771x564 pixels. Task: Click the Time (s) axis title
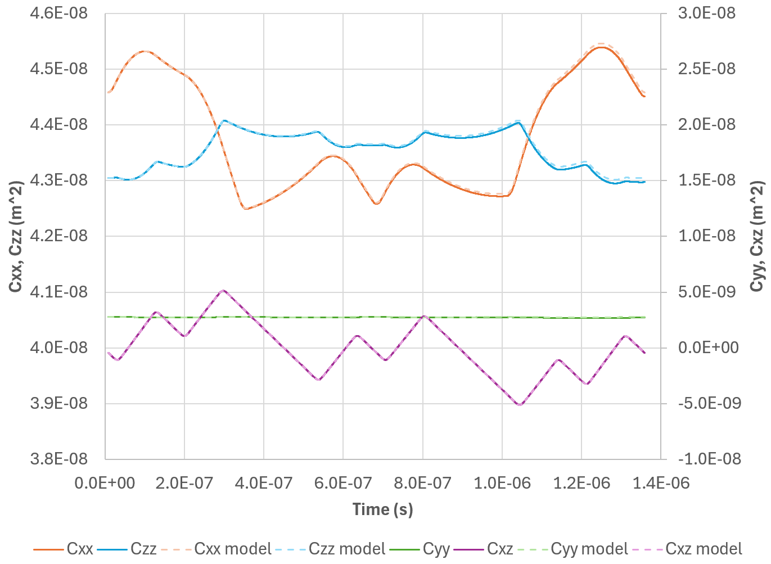click(382, 509)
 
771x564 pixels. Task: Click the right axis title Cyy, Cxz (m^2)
click(758, 236)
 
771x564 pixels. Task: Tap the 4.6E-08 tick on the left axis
click(58, 13)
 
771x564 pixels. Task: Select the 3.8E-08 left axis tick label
click(58, 459)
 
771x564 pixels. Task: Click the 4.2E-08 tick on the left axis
click(58, 236)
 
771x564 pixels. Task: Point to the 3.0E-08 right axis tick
click(707, 13)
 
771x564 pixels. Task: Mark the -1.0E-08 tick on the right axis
click(710, 459)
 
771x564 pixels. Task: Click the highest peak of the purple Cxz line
click(224, 290)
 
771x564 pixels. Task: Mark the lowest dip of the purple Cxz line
click(520, 405)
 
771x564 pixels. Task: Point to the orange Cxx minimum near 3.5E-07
click(246, 209)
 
